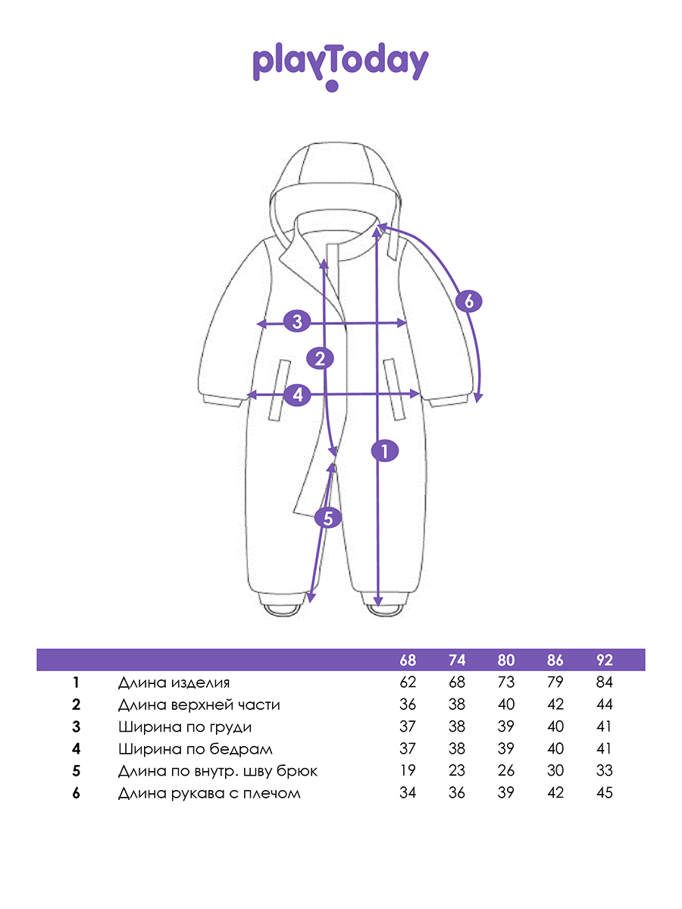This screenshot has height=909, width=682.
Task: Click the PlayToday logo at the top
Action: [x=340, y=66]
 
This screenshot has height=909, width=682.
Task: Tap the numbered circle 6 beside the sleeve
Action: [x=469, y=301]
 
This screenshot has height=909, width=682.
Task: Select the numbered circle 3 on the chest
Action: [x=297, y=321]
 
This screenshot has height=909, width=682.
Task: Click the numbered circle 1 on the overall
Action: [x=385, y=451]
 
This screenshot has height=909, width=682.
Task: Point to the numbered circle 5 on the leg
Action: [x=328, y=517]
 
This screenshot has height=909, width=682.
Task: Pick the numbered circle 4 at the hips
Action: [x=298, y=395]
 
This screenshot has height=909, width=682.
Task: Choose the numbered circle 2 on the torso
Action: [x=320, y=358]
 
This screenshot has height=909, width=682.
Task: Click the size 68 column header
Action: [x=408, y=661]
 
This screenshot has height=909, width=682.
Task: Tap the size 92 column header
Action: [x=604, y=661]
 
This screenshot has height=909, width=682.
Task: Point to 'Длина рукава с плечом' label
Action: [x=209, y=793]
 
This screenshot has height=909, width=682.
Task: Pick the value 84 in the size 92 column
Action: [x=604, y=683]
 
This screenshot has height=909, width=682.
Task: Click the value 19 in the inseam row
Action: [x=408, y=770]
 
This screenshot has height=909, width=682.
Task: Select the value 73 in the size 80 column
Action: [x=505, y=683]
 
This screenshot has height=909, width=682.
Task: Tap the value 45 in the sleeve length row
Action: [x=604, y=793]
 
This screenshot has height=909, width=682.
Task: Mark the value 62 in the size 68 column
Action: [x=408, y=683]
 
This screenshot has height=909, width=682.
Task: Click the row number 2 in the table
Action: [x=76, y=704]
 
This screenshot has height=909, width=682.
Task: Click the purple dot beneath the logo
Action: [x=332, y=86]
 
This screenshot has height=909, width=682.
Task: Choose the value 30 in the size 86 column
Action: [x=555, y=770]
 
